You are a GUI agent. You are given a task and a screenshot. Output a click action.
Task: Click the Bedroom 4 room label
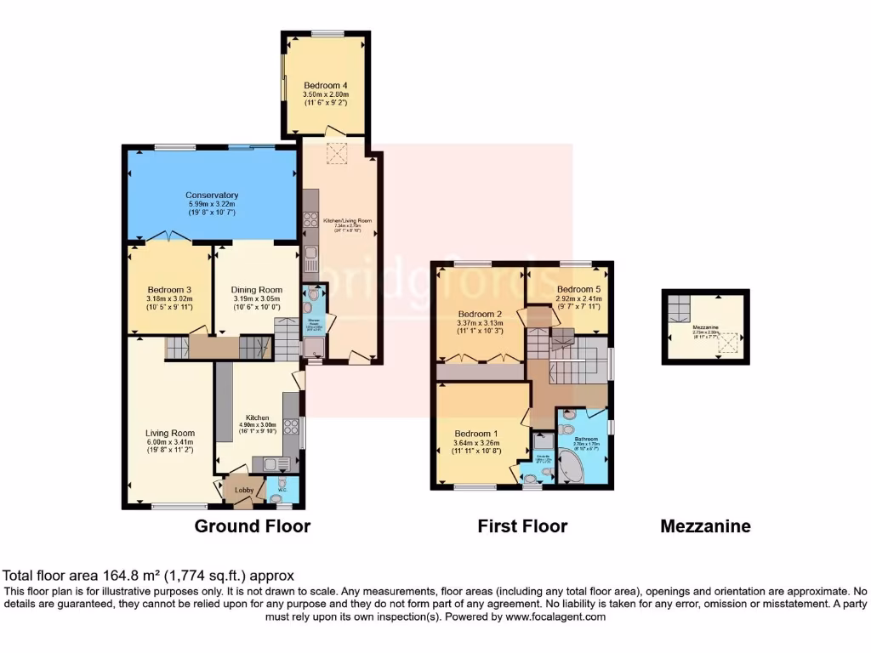click(x=327, y=85)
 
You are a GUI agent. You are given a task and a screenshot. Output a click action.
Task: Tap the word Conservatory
click(x=212, y=195)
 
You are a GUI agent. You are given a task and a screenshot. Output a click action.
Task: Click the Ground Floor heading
click(x=253, y=526)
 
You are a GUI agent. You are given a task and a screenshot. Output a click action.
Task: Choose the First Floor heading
click(x=522, y=526)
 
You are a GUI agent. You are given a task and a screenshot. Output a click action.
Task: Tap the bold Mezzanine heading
click(x=705, y=526)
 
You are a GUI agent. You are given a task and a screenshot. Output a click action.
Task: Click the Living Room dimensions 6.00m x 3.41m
click(x=169, y=442)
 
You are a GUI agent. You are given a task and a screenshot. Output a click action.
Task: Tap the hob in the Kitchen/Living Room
click(x=309, y=223)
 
